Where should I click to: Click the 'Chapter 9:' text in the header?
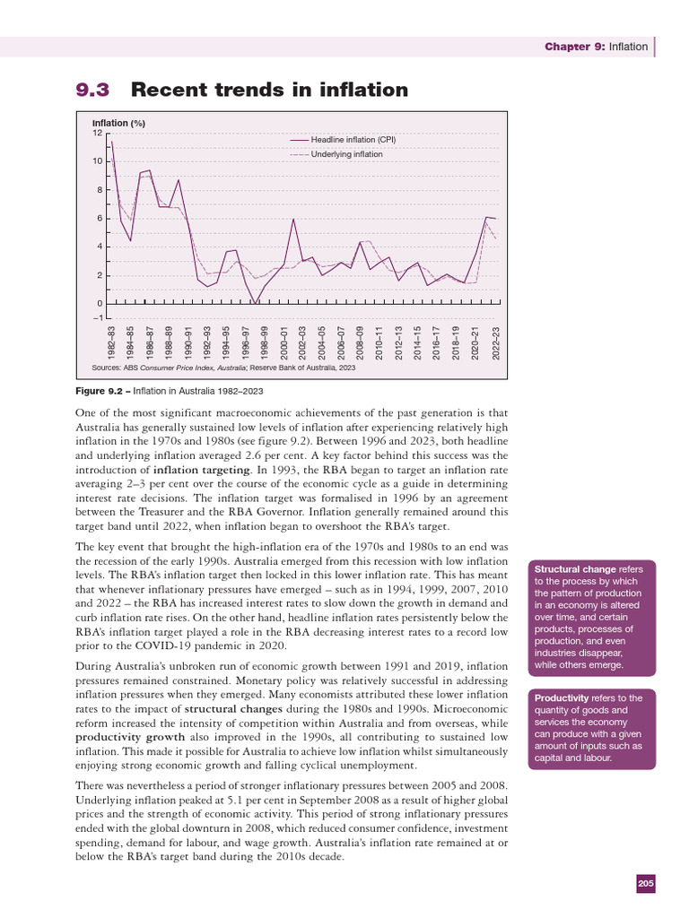(x=575, y=47)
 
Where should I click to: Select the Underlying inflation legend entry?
(x=346, y=154)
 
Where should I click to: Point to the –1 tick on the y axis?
(x=96, y=316)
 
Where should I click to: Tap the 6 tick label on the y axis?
(x=100, y=219)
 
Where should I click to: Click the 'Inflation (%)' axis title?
(x=118, y=122)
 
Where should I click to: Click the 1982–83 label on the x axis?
(x=111, y=343)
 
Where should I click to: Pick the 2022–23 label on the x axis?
(x=496, y=343)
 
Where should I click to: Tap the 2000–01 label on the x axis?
(x=284, y=343)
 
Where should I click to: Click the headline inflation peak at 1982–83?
(x=111, y=141)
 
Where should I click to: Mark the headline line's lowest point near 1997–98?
(x=256, y=303)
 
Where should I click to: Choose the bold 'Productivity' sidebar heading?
(x=563, y=697)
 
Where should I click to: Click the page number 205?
(x=646, y=885)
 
